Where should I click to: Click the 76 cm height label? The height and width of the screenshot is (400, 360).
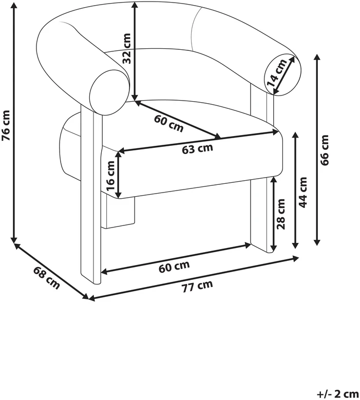pos(6,125)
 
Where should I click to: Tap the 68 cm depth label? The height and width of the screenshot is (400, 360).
pos(47,278)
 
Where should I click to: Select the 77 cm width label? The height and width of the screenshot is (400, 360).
pos(197,286)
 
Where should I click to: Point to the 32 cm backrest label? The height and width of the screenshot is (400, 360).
pos(126,48)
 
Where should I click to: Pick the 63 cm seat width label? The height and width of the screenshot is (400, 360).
pos(197,149)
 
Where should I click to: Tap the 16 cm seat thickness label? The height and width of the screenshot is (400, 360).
pos(111,176)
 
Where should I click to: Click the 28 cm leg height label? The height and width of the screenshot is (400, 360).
pos(280,214)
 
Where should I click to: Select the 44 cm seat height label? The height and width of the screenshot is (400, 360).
pos(302,192)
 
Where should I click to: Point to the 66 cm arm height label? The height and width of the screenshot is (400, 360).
pos(325,150)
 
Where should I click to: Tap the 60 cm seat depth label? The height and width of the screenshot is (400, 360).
pos(169,124)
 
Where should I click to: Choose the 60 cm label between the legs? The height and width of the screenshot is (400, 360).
pos(174,267)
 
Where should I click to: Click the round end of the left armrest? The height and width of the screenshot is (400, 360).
pos(108,92)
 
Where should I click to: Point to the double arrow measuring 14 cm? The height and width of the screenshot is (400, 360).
pos(284,74)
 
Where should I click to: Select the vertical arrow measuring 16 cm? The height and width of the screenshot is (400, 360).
pos(119,175)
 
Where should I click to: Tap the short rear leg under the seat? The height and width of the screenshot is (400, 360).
pos(118,212)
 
